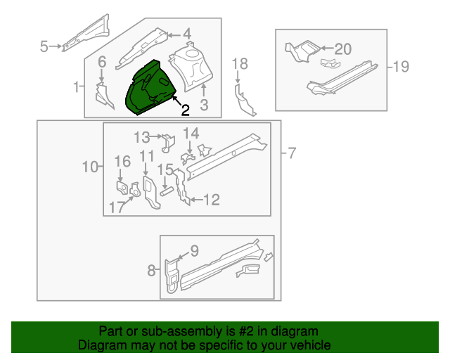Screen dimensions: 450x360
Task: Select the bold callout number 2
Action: [x=186, y=110]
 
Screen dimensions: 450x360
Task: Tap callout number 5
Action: [x=44, y=46]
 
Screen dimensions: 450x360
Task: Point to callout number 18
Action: [x=240, y=64]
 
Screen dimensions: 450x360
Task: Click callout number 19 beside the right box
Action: [x=401, y=67]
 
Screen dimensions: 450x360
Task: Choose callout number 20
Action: [x=343, y=49]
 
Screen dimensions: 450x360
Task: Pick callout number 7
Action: [x=292, y=153]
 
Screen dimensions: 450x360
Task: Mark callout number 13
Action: [x=142, y=137]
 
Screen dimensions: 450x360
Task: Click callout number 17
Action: [x=117, y=207]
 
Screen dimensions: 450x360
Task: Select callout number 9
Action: [x=195, y=250]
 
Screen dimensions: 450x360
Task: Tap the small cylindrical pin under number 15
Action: [x=166, y=192]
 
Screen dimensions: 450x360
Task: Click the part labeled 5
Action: [x=86, y=33]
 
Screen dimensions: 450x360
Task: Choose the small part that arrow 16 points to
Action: [x=122, y=188]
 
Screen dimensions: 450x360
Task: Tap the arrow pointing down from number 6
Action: [x=101, y=75]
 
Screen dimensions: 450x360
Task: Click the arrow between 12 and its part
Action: [x=197, y=200]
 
